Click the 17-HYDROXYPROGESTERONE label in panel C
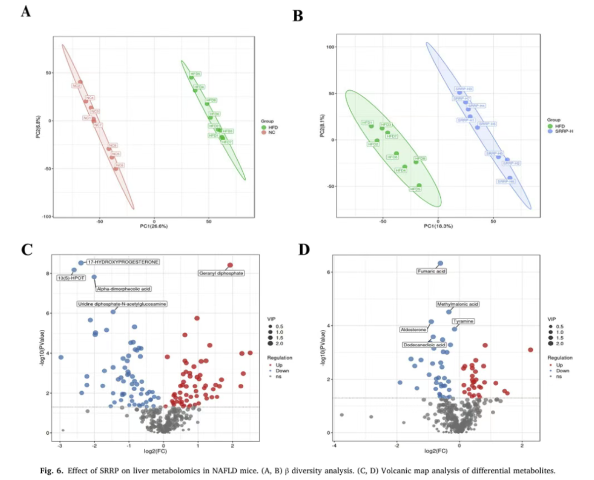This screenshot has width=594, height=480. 123,262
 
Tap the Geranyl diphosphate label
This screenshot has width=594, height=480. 221,273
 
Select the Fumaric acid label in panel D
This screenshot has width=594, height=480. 431,271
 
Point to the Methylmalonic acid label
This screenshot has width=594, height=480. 458,304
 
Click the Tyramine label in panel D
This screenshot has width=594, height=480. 463,321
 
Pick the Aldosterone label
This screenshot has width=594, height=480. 413,330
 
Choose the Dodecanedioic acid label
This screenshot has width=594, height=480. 424,345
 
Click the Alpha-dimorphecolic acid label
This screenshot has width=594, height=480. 124,289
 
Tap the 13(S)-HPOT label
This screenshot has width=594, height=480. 71,278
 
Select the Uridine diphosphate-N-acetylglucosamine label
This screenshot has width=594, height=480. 122,304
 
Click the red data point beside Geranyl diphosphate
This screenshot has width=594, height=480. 230,265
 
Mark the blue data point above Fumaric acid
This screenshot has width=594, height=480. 440,264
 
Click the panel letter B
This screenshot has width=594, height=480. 298,16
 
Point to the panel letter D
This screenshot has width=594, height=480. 304,250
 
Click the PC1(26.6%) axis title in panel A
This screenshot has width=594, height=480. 154,226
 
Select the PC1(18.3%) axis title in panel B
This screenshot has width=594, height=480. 438,226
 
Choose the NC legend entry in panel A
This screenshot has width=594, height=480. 272,133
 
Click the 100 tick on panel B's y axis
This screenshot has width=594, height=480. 331,47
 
